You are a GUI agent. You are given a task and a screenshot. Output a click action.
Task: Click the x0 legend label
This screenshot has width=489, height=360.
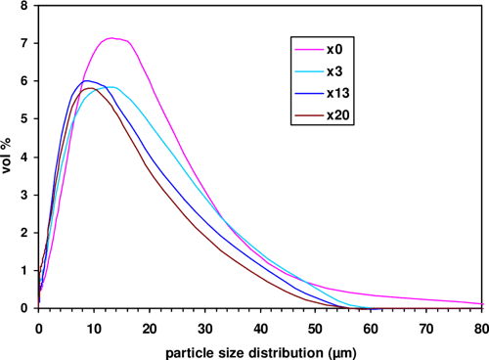point(335,49)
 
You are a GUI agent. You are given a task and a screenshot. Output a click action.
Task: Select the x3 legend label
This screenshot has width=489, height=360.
point(335,71)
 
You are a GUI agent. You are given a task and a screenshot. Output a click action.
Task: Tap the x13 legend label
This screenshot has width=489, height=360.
point(338,95)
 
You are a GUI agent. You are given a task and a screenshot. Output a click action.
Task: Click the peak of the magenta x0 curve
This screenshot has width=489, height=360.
point(112,38)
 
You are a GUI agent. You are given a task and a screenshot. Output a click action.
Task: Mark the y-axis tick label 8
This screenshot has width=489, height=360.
point(23,7)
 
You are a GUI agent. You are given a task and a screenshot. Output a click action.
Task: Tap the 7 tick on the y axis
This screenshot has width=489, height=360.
point(23,44)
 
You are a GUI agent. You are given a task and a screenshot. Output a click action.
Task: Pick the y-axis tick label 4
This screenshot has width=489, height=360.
point(23,157)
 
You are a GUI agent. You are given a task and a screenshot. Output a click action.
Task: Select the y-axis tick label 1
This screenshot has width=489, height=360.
point(23,271)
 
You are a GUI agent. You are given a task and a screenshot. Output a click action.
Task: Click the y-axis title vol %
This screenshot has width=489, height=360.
point(9,157)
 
